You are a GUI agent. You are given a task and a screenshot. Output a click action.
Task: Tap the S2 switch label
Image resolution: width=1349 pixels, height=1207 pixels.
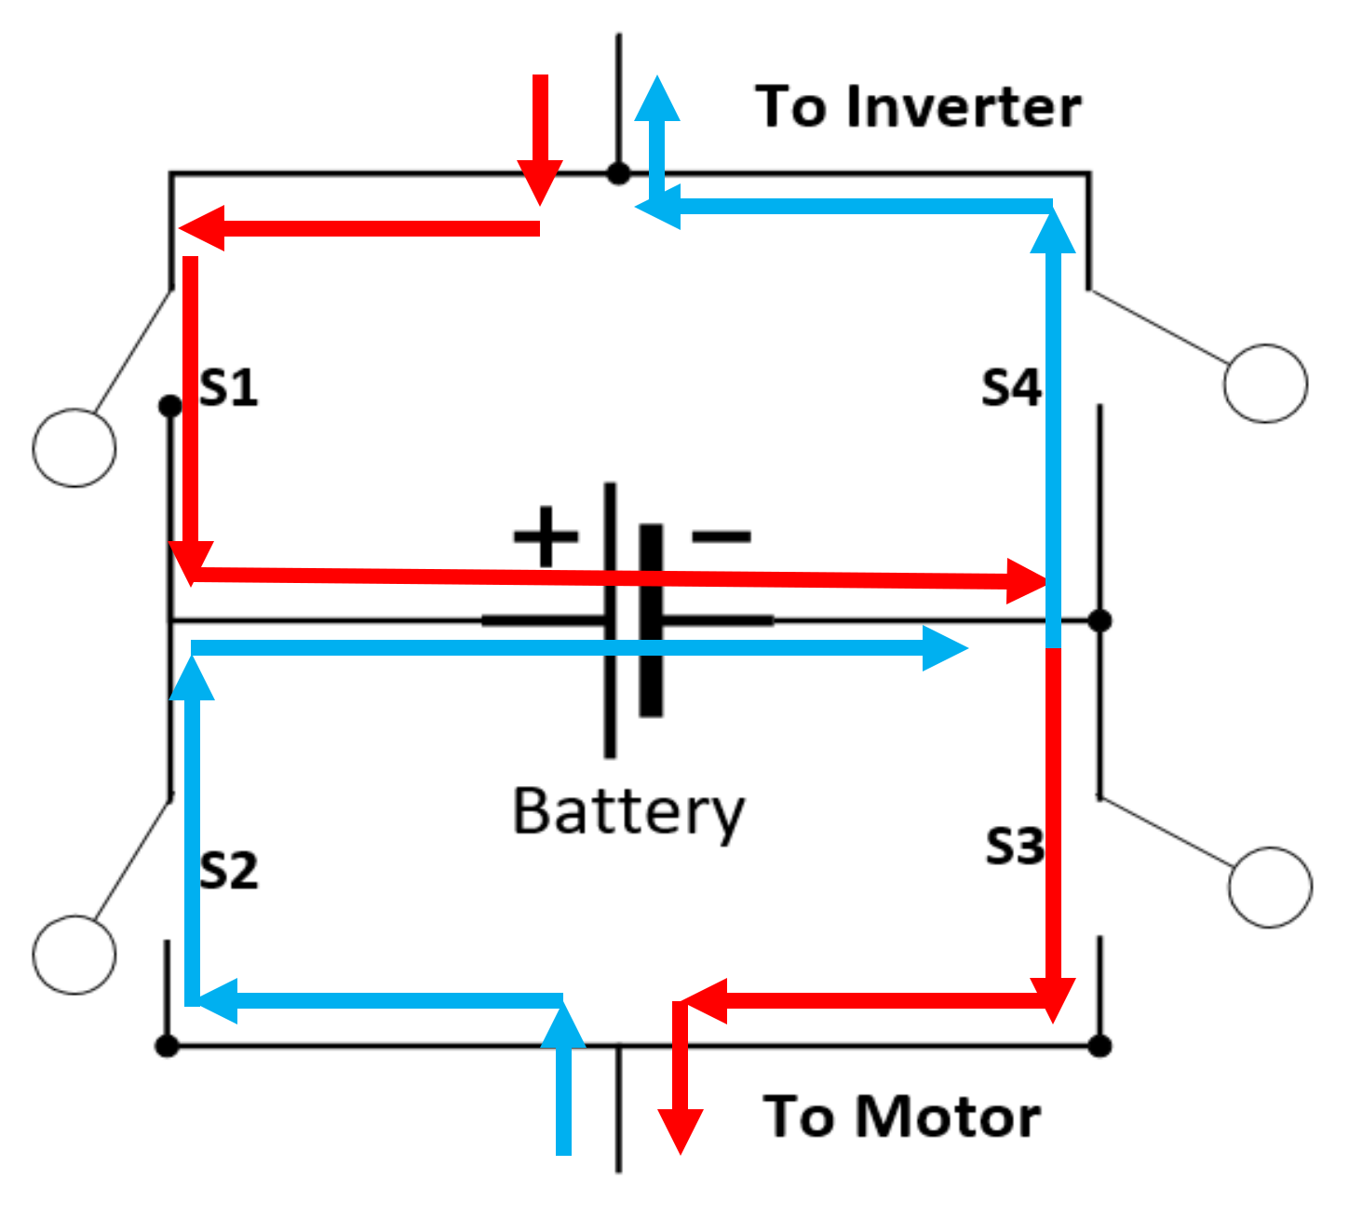coord(229,871)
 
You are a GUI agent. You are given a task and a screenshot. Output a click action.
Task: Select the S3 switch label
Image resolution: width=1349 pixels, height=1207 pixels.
coord(1014,847)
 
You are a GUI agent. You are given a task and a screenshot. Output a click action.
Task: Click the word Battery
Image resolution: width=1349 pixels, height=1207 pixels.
coord(628,812)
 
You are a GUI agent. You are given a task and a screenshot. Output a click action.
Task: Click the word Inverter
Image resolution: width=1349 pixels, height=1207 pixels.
coord(964,106)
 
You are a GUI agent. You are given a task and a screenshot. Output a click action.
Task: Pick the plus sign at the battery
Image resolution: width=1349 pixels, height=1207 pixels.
coord(546,536)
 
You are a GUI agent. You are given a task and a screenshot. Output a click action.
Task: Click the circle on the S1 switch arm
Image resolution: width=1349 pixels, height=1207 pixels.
coord(74,448)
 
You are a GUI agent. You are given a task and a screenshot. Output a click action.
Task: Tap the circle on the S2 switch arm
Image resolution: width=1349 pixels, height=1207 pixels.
coord(74,954)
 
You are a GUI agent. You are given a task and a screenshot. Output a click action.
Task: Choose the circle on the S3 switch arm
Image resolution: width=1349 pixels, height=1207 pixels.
coord(1270,887)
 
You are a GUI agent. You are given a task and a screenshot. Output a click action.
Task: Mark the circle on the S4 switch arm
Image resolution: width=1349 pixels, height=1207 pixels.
coord(1265,384)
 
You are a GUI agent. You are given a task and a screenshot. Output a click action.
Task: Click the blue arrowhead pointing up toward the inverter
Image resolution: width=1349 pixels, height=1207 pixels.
coord(658,99)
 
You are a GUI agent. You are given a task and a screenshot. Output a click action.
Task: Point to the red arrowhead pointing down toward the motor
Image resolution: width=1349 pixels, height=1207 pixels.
coord(681,1131)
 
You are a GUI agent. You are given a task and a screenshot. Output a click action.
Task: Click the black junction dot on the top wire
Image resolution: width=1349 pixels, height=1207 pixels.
coord(618,173)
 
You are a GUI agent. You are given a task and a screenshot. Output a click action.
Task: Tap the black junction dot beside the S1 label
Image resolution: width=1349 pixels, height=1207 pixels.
coord(170,406)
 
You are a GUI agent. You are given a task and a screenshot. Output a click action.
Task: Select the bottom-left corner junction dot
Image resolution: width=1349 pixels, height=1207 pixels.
coord(167,1046)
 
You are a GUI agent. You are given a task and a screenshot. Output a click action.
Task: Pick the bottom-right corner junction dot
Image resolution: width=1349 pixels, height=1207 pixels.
coord(1099,1046)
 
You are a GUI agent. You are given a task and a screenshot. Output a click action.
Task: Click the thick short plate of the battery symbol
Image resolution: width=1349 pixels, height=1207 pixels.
coord(652,620)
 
